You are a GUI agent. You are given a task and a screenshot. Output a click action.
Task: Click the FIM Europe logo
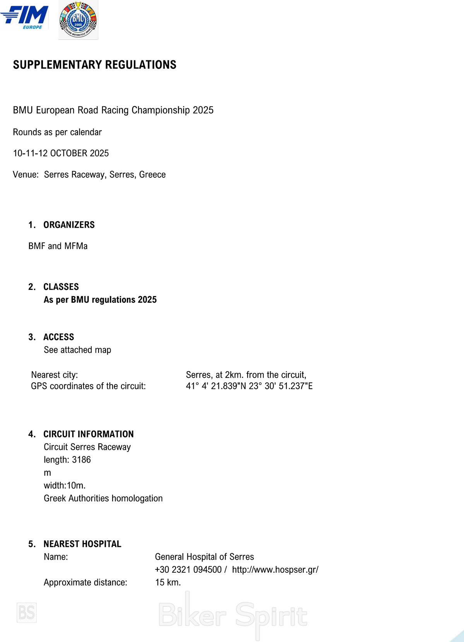25,17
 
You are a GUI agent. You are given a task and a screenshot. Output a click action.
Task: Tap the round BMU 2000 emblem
78,20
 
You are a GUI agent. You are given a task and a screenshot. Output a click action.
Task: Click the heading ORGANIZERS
69,225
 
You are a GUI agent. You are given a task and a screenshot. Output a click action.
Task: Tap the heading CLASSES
61,287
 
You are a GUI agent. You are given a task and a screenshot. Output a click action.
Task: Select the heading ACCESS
59,337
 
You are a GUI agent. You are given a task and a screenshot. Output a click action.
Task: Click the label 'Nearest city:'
55,375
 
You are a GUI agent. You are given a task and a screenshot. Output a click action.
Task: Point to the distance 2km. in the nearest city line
234,375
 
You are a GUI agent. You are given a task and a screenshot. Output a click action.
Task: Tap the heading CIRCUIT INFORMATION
89,434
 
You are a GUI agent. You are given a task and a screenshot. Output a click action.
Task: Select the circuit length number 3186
81,460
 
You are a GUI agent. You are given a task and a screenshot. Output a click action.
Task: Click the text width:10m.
65,485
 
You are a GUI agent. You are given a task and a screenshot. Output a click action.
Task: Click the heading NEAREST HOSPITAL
82,544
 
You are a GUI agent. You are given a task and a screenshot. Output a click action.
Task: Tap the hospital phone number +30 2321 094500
188,570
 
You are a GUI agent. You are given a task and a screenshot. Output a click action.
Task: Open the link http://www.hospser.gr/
275,570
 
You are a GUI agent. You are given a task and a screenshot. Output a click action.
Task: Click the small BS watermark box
27,613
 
